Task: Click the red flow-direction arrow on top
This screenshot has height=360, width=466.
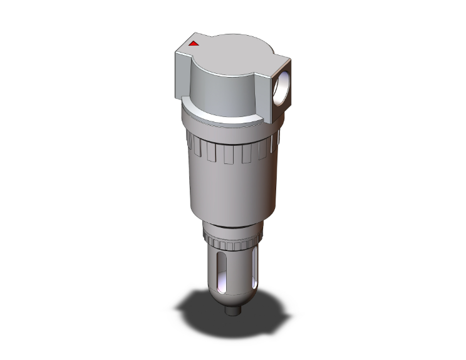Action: pyautogui.click(x=194, y=44)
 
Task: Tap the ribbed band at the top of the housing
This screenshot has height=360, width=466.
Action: pyautogui.click(x=232, y=151)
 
